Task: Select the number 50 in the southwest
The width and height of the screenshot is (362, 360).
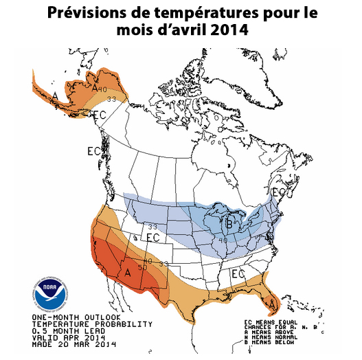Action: coord(142,267)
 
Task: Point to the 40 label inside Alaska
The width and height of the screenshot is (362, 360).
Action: coord(102,89)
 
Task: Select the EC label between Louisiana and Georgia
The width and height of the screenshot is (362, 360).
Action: coord(238,273)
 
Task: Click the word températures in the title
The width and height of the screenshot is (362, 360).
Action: coord(207,14)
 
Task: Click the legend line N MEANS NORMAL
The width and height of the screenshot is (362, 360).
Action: coord(280,336)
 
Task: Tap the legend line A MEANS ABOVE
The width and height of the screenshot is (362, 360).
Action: coord(278,330)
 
